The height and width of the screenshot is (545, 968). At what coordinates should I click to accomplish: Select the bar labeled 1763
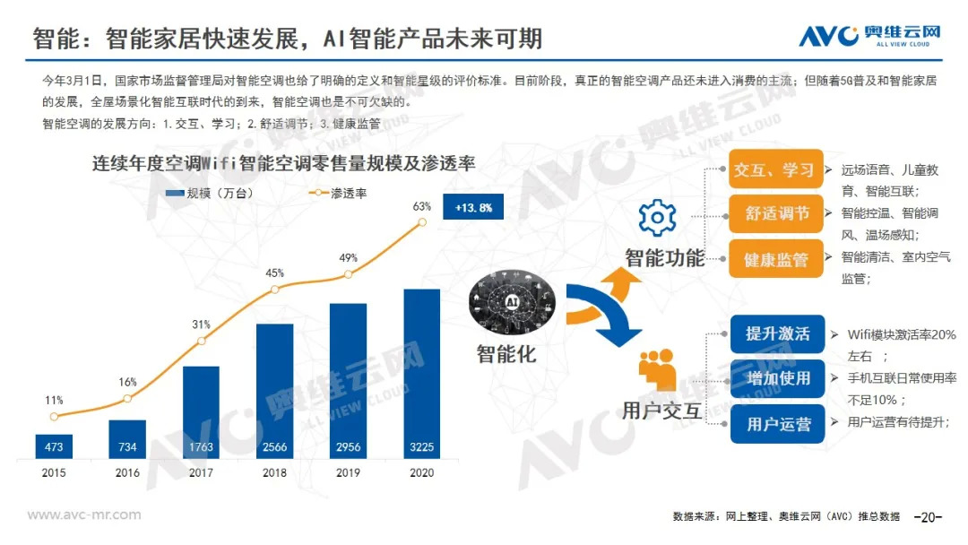click(x=201, y=411)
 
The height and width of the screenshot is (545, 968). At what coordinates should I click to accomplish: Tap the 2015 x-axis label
click(x=54, y=472)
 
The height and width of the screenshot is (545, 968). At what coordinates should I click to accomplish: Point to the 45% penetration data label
click(x=274, y=272)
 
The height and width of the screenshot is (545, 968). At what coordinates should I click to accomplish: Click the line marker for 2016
click(x=127, y=399)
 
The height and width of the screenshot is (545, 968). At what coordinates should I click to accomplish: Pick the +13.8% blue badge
click(x=473, y=207)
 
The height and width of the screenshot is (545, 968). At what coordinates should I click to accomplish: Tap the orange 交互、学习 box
click(x=774, y=169)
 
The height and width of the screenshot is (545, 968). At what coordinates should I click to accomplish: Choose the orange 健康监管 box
click(x=774, y=260)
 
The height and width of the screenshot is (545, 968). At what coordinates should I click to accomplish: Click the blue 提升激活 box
click(x=777, y=333)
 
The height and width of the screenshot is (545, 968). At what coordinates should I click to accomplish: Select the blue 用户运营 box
click(x=777, y=423)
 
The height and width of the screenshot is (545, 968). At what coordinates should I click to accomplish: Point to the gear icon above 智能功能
click(x=657, y=218)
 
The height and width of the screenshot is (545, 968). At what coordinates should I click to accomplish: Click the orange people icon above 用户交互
click(x=658, y=370)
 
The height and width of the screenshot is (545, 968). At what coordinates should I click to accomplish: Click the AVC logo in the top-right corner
click(x=869, y=35)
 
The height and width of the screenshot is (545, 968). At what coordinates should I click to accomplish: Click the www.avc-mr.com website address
click(x=84, y=515)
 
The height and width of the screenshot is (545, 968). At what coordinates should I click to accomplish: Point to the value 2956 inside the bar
click(x=348, y=446)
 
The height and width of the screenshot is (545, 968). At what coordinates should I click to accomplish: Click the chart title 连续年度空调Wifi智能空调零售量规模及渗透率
click(x=283, y=163)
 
